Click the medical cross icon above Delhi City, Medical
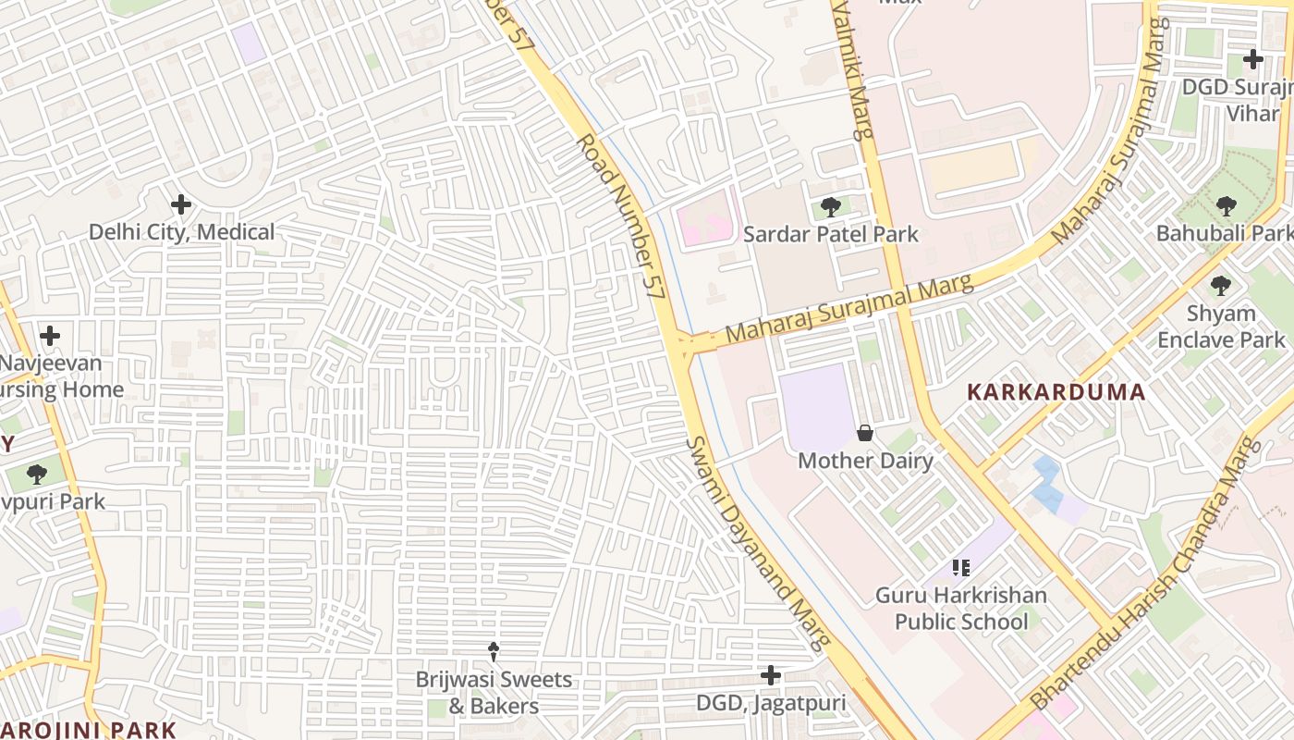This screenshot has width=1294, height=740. coord(181,203)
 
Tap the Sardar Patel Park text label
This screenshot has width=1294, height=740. coord(830,234)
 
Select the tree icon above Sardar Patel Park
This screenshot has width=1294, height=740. coord(830,206)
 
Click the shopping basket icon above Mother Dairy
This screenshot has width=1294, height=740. coord(865,432)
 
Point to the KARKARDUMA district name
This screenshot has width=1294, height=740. coord(1056,391)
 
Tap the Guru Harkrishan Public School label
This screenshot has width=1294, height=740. coord(961,608)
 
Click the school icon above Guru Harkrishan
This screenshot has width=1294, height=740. coord(961,567)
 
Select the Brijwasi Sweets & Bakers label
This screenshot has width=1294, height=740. coord(494,693)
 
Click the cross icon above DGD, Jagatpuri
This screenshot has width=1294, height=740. coord(770,675)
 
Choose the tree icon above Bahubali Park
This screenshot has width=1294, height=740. coord(1226,205)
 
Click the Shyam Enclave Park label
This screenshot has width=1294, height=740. coord(1220,327)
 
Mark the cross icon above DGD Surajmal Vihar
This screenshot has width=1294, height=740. coord(1252,60)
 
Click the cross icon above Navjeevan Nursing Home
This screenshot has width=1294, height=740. coord(50,335)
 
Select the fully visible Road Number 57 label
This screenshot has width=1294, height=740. coord(620,215)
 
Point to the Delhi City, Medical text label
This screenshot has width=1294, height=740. coord(181,232)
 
